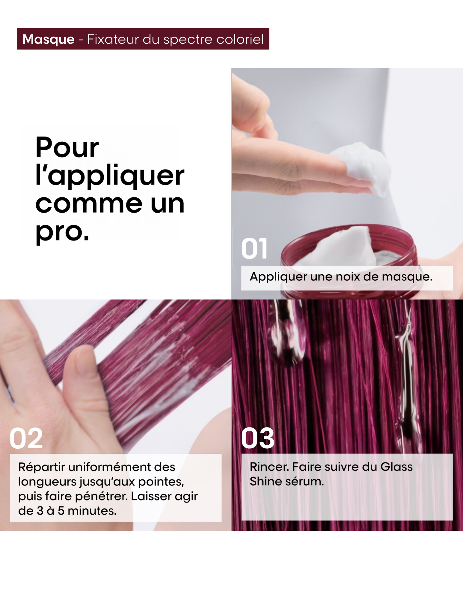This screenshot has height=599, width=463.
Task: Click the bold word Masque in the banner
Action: (x=49, y=39)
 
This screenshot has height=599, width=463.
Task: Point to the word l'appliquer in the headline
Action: (x=110, y=176)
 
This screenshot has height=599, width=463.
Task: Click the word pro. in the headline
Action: (x=62, y=232)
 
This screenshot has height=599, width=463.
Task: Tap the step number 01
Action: (x=254, y=249)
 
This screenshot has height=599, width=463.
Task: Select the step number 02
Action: (x=26, y=438)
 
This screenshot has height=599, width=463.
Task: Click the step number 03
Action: (x=258, y=438)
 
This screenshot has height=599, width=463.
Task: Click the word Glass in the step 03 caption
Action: (x=396, y=467)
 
